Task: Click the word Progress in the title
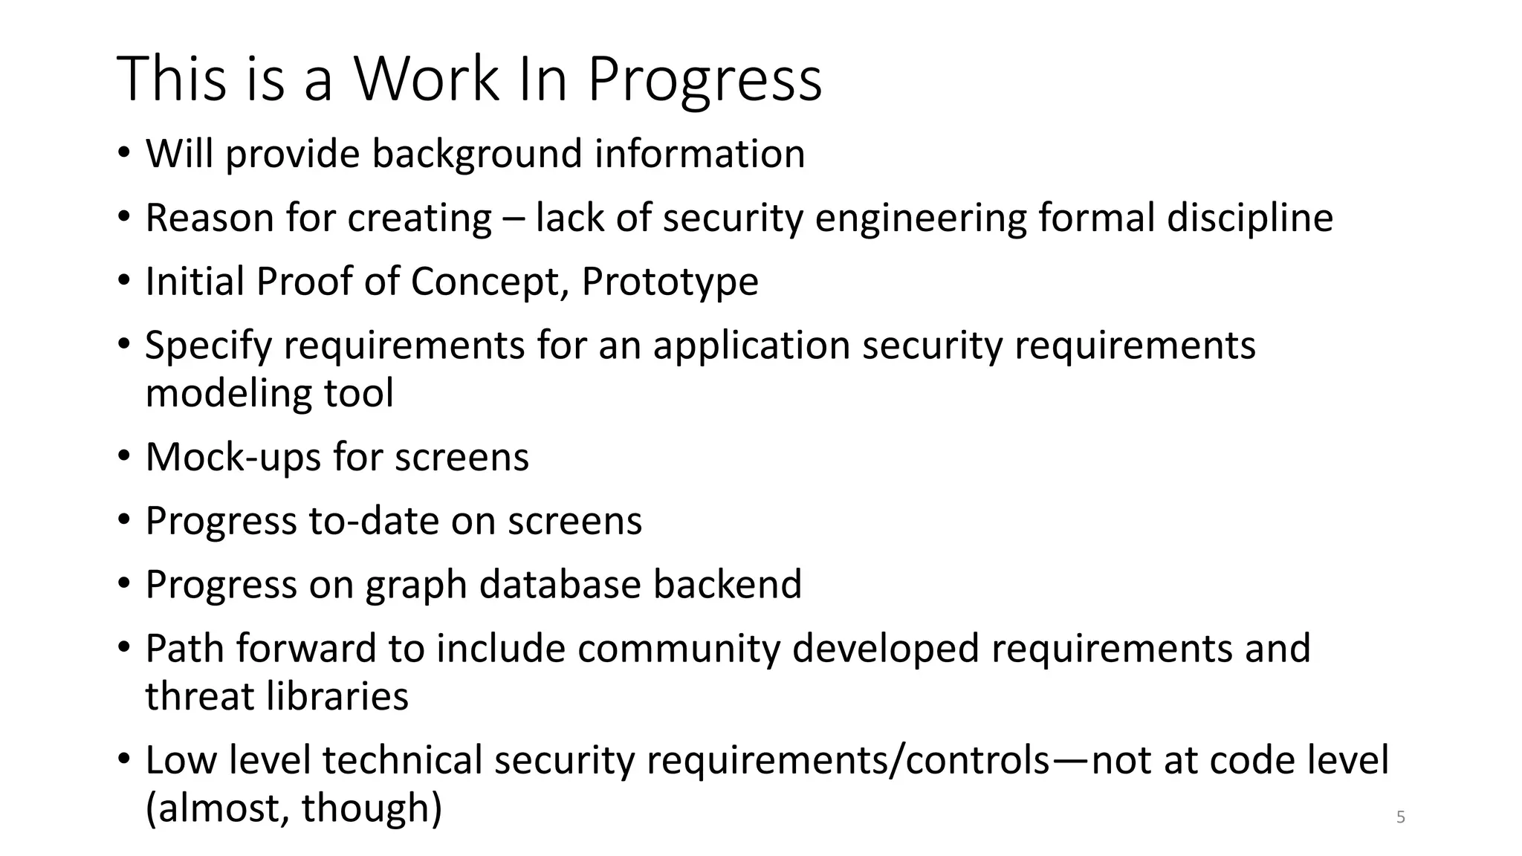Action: coord(705,80)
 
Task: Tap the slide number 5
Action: coord(1401,817)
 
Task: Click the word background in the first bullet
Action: coord(476,154)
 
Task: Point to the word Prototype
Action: coord(670,282)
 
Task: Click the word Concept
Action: coord(489,282)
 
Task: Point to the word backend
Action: coord(728,584)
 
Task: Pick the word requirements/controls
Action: coord(848,760)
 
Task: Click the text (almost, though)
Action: coord(294,808)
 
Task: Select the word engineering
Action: coord(921,218)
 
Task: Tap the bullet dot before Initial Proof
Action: coord(123,281)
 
